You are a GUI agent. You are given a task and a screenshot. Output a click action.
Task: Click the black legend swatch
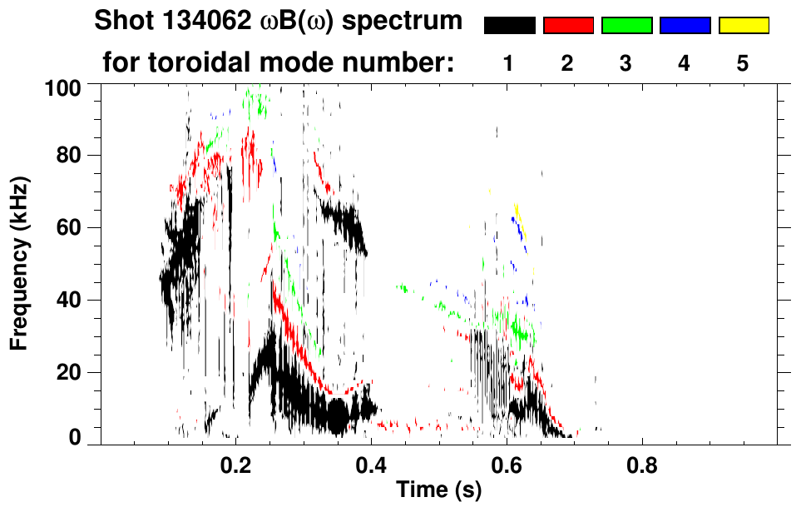[x=509, y=26]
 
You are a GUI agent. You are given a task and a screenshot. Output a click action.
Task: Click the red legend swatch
[x=568, y=26]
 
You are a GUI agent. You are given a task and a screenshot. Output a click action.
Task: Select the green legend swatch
[x=626, y=26]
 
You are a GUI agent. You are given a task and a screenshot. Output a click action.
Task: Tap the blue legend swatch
[x=685, y=26]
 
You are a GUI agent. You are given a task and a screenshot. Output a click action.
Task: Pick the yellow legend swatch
[x=744, y=26]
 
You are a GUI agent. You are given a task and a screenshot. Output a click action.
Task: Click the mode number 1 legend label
[x=508, y=63]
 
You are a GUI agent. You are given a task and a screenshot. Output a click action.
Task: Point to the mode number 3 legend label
[x=625, y=63]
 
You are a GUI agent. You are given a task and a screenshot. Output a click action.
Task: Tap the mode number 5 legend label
[x=743, y=63]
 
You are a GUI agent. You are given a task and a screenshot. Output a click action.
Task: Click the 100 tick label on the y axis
[x=63, y=86]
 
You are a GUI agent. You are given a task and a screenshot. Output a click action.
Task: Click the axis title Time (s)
[x=438, y=491]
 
